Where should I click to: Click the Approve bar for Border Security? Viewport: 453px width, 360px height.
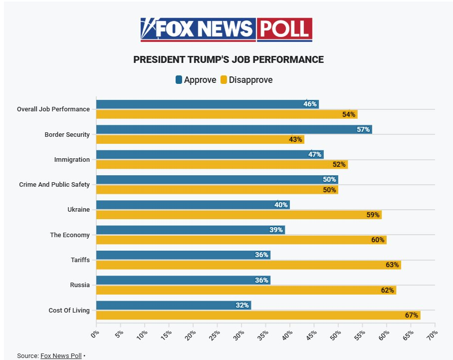point(233,129)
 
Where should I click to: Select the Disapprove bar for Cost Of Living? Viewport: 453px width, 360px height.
point(258,315)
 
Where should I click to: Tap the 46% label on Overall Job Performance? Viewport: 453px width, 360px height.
point(310,104)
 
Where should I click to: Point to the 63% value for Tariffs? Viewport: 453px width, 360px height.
point(392,265)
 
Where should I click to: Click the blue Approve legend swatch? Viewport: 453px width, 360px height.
point(179,80)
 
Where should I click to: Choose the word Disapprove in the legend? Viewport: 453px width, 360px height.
point(250,80)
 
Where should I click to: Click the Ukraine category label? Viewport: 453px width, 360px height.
point(78,210)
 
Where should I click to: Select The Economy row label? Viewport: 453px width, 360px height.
point(70,235)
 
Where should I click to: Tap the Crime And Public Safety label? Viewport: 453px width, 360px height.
point(54,184)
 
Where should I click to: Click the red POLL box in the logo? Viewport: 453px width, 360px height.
point(285,29)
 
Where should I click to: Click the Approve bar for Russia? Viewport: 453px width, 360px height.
point(183,280)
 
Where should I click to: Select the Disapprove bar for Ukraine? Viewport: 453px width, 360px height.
point(238,215)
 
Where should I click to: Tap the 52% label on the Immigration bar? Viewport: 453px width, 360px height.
point(339,164)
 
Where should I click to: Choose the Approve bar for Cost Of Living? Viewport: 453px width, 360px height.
point(173,305)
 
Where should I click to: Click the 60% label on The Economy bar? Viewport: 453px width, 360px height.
point(378,240)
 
